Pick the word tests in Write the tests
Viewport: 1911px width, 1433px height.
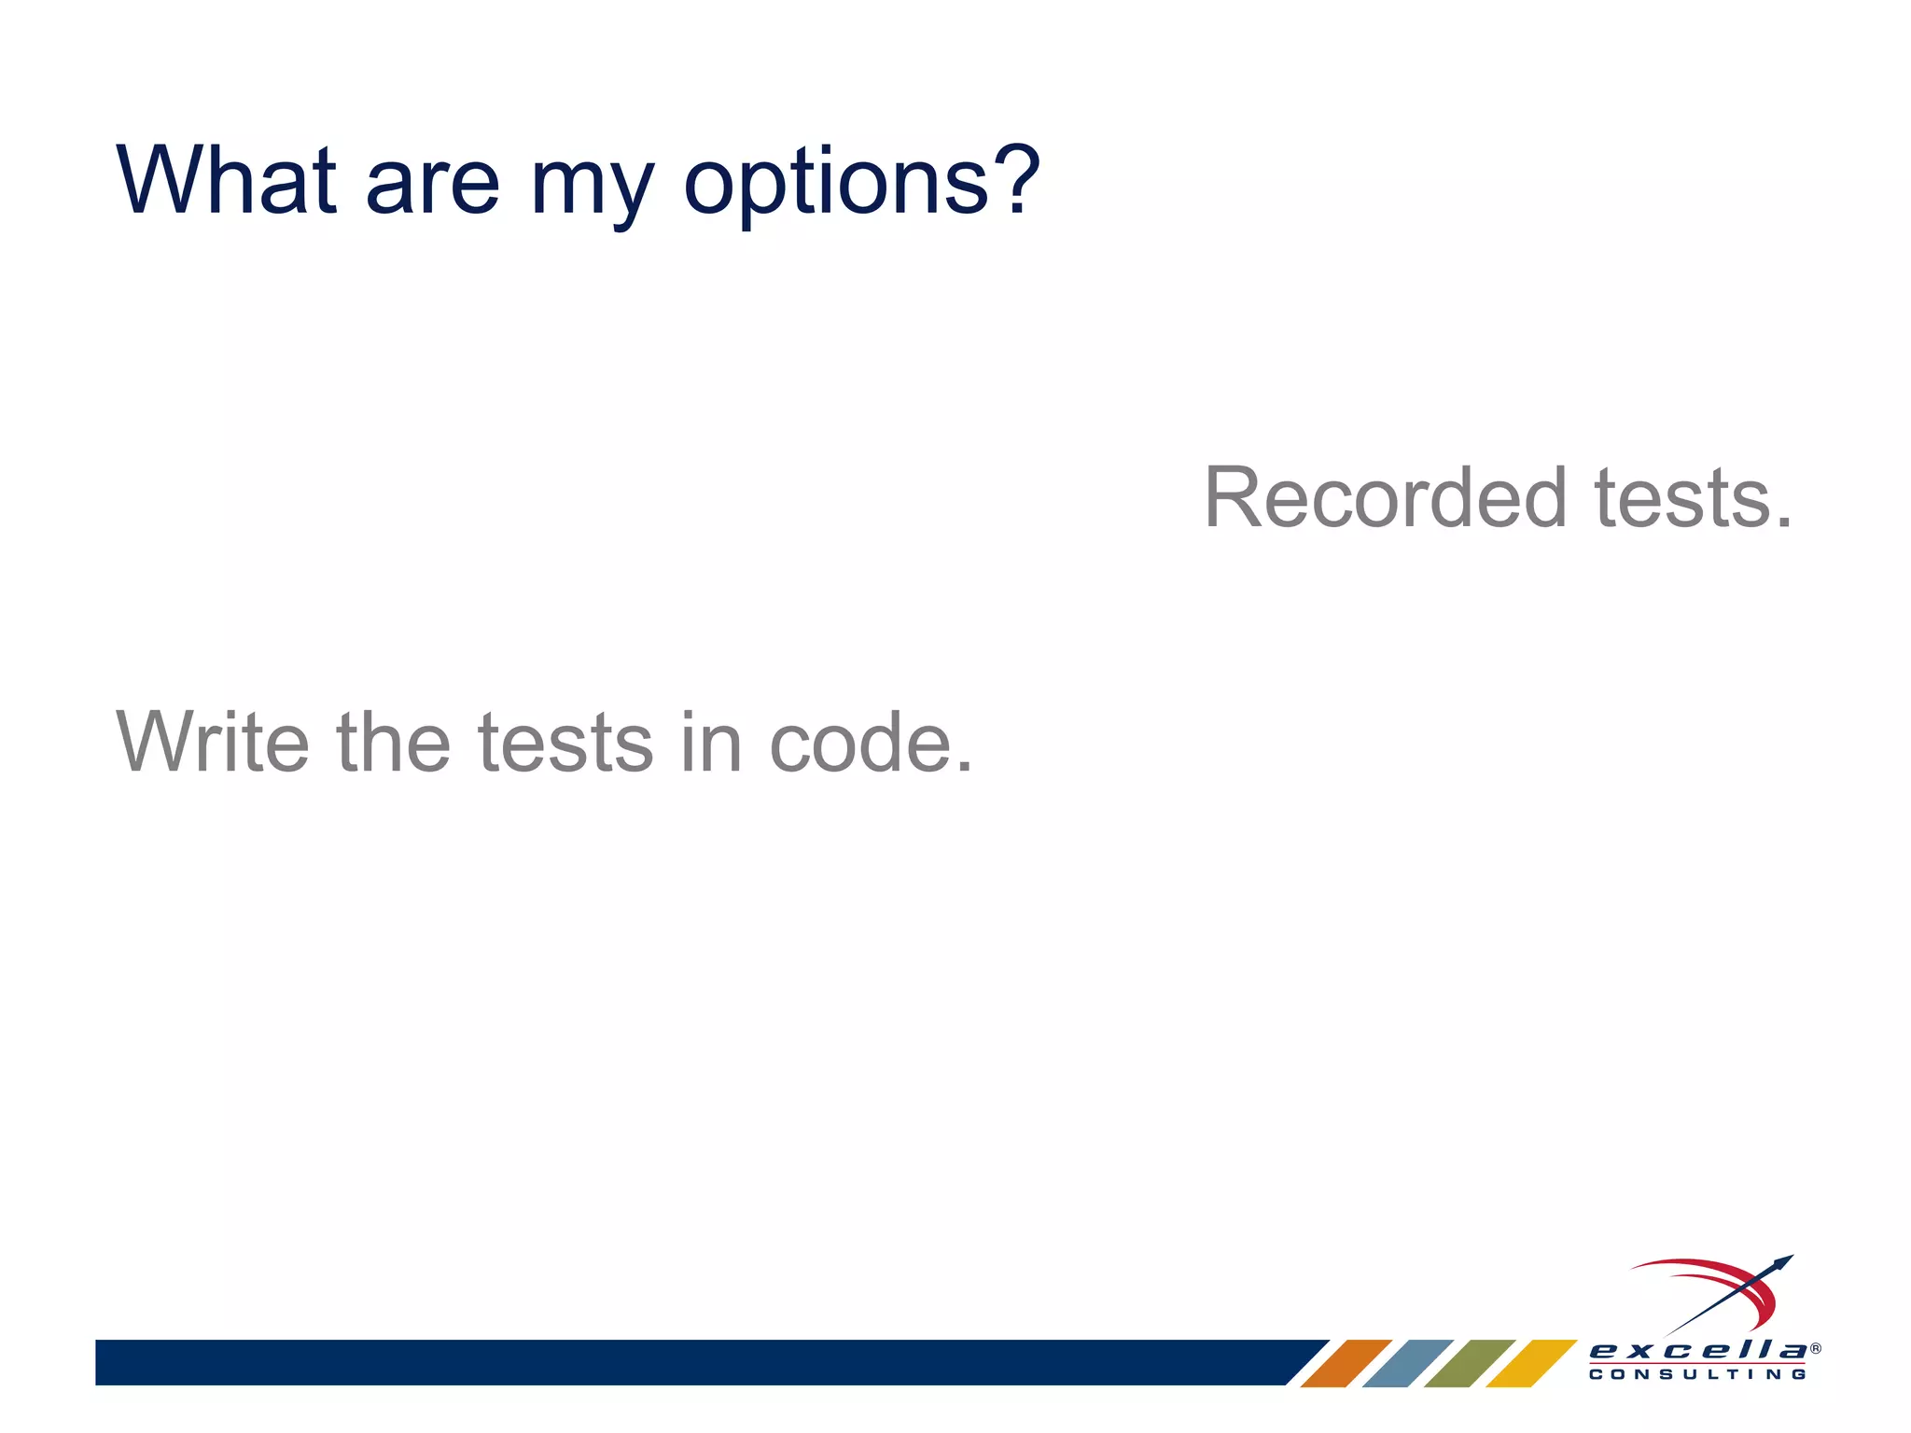(565, 744)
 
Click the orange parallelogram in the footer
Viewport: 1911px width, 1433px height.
(1346, 1363)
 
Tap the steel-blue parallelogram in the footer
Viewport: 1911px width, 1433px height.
(1407, 1363)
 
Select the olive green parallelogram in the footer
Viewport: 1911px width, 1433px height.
(1469, 1363)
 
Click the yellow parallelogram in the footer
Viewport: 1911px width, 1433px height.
(1530, 1363)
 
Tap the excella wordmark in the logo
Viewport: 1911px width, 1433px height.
(1697, 1350)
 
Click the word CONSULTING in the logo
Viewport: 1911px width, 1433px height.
(1697, 1374)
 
